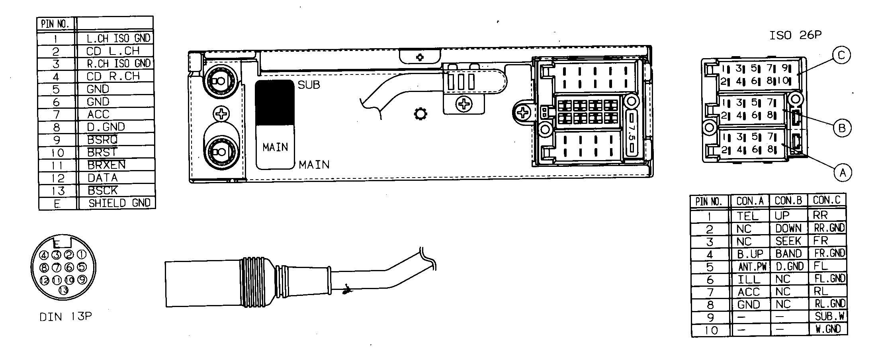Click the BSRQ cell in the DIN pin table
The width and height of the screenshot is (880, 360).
102,140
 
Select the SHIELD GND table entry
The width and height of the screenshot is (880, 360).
119,203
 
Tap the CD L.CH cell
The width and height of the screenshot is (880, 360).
113,51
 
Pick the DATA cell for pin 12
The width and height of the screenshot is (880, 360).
103,178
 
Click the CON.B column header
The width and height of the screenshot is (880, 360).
788,201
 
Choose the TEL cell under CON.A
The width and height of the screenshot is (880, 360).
747,216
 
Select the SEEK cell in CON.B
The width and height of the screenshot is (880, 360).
788,241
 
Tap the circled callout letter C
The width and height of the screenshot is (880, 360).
841,55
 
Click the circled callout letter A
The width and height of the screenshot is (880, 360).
843,173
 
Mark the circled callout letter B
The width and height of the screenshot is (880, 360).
842,128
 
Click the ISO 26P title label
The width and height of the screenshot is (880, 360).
795,35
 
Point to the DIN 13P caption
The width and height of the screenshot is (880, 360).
66,317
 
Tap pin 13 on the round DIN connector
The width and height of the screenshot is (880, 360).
63,290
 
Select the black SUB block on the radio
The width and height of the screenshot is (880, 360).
274,103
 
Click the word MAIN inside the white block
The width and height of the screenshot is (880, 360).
275,147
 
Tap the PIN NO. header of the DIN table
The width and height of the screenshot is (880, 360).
55,24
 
